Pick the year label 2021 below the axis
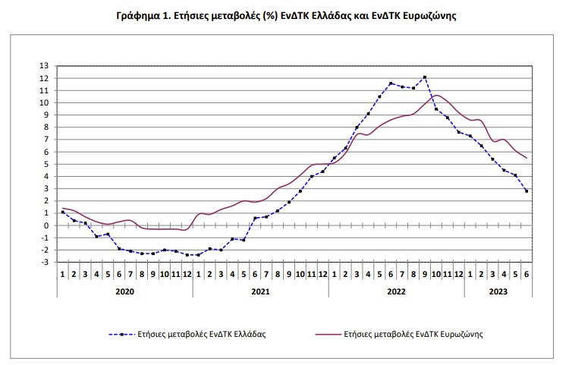[x=260, y=291]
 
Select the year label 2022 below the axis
[x=396, y=291]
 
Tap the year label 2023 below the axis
[x=498, y=291]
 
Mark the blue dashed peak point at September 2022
[x=425, y=77]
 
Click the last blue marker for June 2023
[x=527, y=190]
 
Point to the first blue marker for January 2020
[x=62, y=212]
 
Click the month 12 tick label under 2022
[x=458, y=273]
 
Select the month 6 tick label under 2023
[x=527, y=273]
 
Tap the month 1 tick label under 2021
[x=198, y=273]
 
